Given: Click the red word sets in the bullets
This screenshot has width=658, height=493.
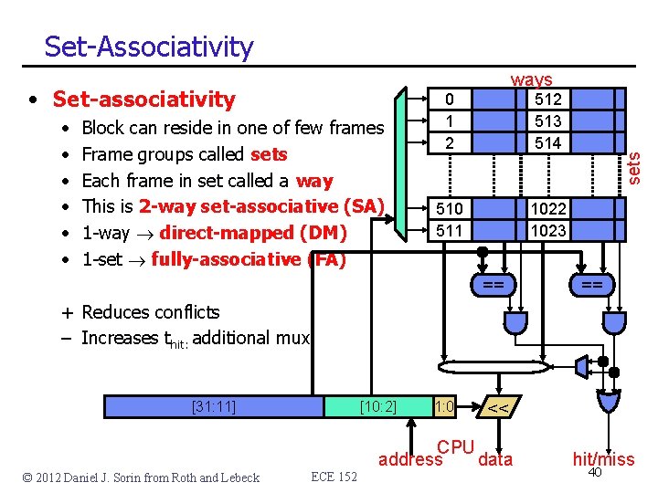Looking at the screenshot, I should (x=268, y=154).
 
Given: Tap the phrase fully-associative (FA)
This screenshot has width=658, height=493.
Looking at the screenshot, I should (x=249, y=259).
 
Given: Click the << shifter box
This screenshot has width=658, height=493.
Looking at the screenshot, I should (x=498, y=408).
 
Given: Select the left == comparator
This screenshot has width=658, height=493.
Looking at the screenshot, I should (x=493, y=286).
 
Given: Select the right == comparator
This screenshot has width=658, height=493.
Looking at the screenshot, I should (x=591, y=286).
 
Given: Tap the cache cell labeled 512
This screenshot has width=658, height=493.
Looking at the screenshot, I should (x=547, y=100).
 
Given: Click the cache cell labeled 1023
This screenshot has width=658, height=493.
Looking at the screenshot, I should (x=547, y=231).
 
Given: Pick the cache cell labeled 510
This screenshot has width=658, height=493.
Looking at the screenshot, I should (x=449, y=209).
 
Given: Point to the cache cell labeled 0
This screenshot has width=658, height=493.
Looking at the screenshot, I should (x=449, y=100).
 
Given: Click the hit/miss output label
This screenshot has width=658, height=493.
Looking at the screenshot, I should (x=603, y=459).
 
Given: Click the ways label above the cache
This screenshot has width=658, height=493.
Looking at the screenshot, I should (x=531, y=81).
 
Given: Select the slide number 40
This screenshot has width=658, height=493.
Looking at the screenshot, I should (x=595, y=472).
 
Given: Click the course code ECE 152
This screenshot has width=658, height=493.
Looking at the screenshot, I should (x=334, y=477).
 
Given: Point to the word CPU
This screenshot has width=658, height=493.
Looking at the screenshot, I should (x=455, y=447).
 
